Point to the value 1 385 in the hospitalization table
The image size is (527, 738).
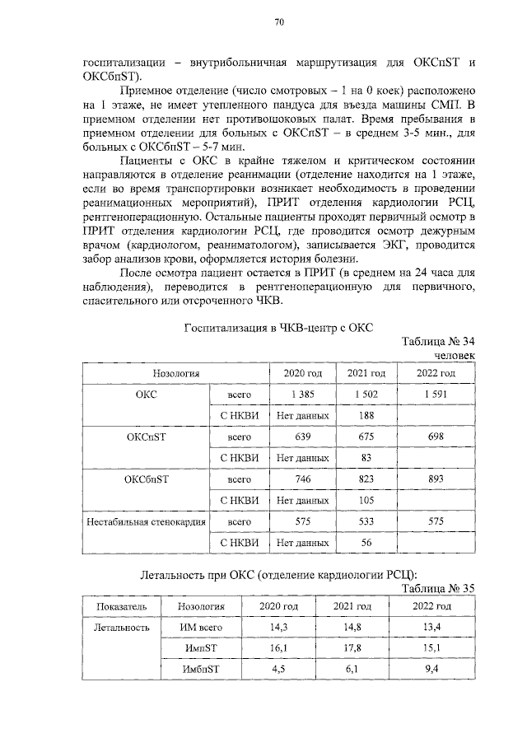[298, 395]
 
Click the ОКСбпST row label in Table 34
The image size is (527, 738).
[147, 479]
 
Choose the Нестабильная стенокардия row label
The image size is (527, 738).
[147, 521]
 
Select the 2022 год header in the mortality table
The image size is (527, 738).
[431, 606]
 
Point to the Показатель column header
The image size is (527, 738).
[122, 606]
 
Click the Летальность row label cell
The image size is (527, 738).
[122, 627]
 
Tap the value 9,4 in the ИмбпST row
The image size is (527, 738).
[431, 668]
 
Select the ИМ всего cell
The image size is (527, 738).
[201, 627]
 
